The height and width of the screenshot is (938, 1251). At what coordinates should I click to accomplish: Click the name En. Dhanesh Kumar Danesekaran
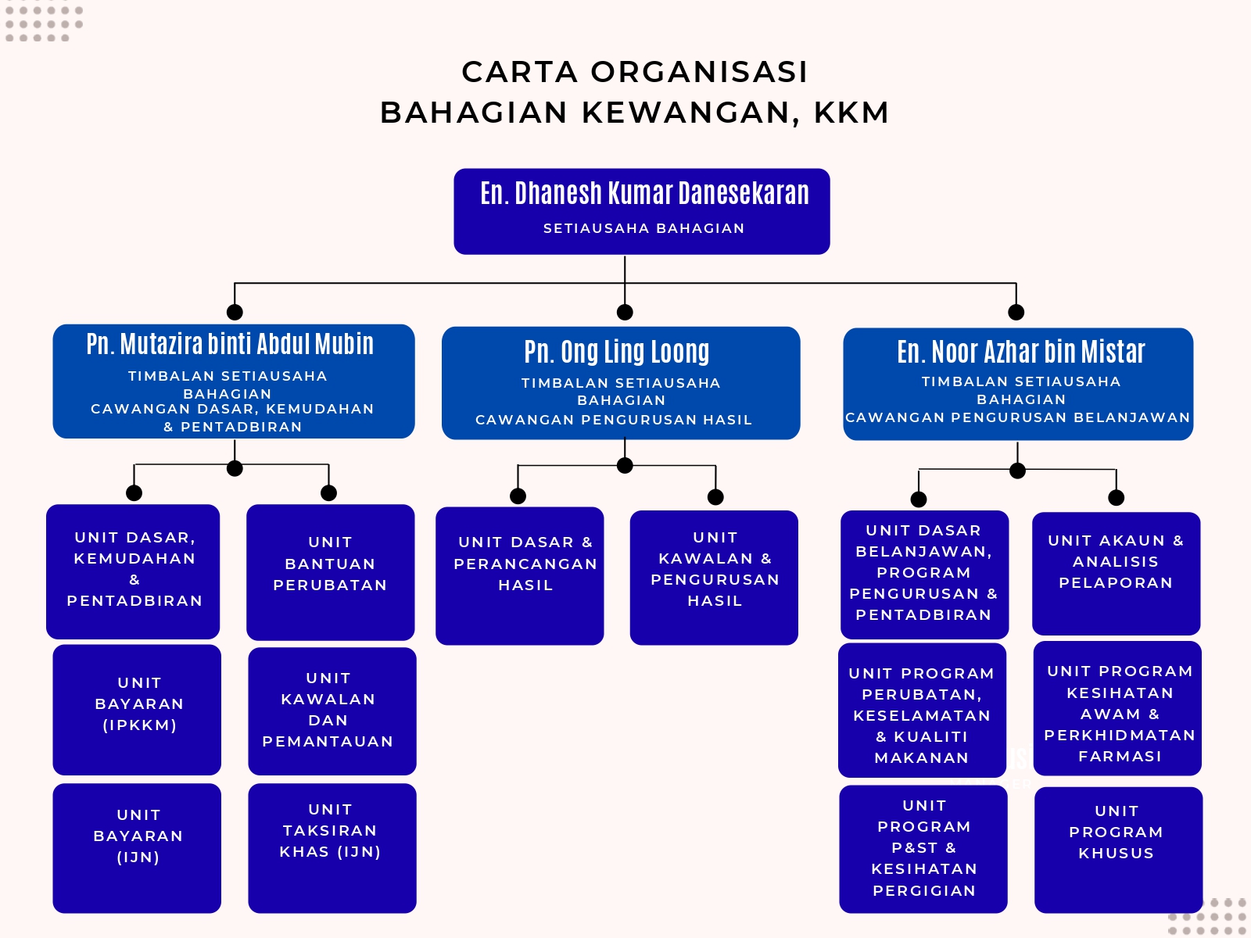(644, 193)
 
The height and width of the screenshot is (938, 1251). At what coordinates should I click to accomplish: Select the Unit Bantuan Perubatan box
(330, 572)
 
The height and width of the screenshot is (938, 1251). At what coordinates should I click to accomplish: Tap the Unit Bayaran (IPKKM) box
(138, 709)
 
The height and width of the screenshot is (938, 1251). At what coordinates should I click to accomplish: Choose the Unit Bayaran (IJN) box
(138, 847)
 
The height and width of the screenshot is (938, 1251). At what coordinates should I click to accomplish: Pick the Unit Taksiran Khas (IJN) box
(332, 847)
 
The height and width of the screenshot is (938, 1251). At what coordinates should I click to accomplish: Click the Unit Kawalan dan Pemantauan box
(332, 711)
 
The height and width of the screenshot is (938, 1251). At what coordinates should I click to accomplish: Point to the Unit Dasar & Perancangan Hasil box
(520, 575)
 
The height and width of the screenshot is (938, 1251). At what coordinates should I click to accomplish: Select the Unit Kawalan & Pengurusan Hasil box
(714, 578)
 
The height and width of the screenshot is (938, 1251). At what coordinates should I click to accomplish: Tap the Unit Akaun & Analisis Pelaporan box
(1116, 573)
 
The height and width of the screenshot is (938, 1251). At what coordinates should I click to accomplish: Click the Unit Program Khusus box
(1118, 849)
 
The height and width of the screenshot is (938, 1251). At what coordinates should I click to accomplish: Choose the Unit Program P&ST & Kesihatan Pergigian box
(923, 848)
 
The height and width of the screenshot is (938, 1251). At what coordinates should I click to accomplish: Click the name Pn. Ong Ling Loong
(617, 352)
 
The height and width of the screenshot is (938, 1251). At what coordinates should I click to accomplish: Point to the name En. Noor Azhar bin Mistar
(1020, 352)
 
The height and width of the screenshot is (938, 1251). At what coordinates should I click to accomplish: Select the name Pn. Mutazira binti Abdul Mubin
(230, 344)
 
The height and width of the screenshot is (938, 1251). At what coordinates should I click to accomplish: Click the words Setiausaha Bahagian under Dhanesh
(643, 228)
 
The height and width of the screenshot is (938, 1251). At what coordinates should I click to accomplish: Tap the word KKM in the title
(851, 113)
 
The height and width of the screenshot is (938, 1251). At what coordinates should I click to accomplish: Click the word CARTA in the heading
(519, 72)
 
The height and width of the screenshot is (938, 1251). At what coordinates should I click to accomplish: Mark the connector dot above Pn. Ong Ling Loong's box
(625, 313)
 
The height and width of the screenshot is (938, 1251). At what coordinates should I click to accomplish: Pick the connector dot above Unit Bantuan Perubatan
(328, 492)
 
